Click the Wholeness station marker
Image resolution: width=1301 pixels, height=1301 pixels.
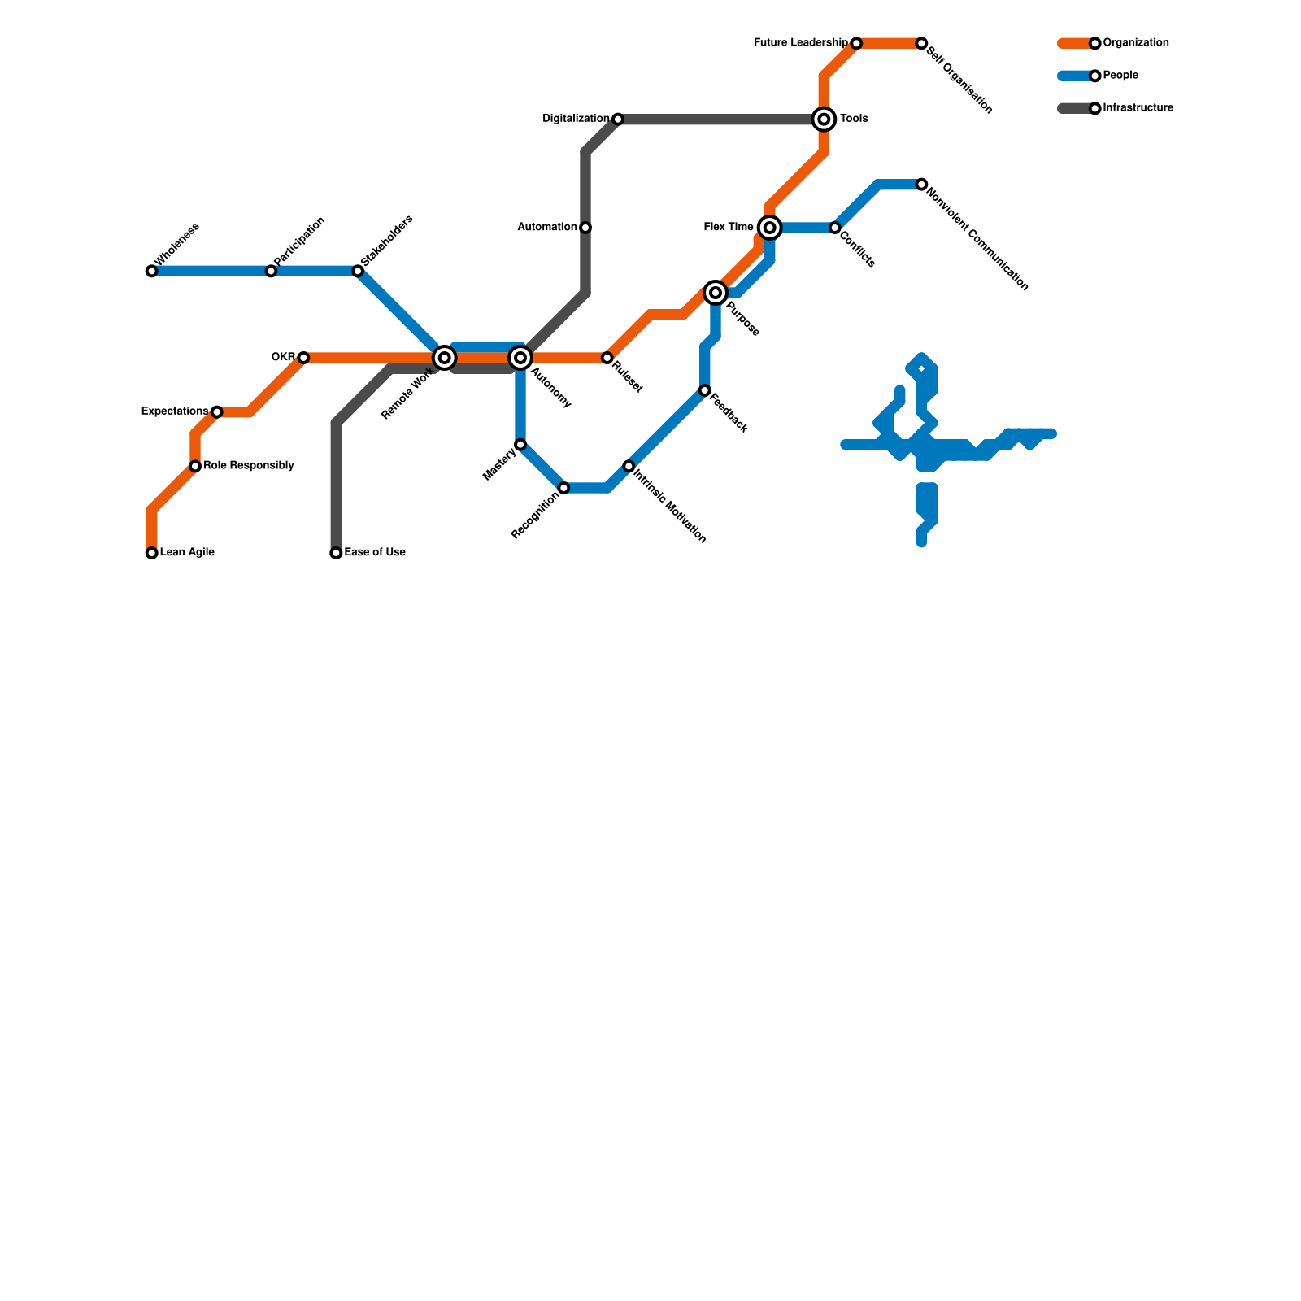click(x=151, y=271)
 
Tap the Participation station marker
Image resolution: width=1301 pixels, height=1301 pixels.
click(x=271, y=271)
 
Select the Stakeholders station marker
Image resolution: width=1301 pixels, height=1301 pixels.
click(x=358, y=271)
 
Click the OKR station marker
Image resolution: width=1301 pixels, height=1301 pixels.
click(x=303, y=358)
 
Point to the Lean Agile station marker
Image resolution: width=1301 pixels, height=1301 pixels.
click(x=151, y=553)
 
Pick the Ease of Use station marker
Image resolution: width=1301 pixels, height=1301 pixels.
click(x=336, y=553)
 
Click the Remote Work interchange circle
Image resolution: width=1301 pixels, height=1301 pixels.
click(x=444, y=358)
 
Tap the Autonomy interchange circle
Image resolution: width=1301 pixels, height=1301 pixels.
click(x=520, y=358)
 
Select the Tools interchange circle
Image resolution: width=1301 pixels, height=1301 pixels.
click(x=824, y=120)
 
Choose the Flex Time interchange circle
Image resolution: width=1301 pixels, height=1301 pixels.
click(x=769, y=228)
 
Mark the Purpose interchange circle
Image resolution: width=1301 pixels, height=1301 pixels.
click(x=716, y=293)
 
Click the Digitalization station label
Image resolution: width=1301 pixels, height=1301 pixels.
click(x=576, y=119)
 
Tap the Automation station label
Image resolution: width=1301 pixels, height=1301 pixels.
click(x=547, y=228)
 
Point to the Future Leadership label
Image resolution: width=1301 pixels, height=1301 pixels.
click(x=801, y=43)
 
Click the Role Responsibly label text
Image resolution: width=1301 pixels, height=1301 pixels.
click(x=249, y=466)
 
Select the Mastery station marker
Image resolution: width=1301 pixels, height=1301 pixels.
click(x=520, y=445)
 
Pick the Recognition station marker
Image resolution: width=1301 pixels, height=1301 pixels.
click(x=563, y=488)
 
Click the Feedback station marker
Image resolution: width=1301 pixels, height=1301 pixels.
click(x=704, y=390)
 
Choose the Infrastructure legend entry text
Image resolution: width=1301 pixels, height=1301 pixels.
click(x=1138, y=108)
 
